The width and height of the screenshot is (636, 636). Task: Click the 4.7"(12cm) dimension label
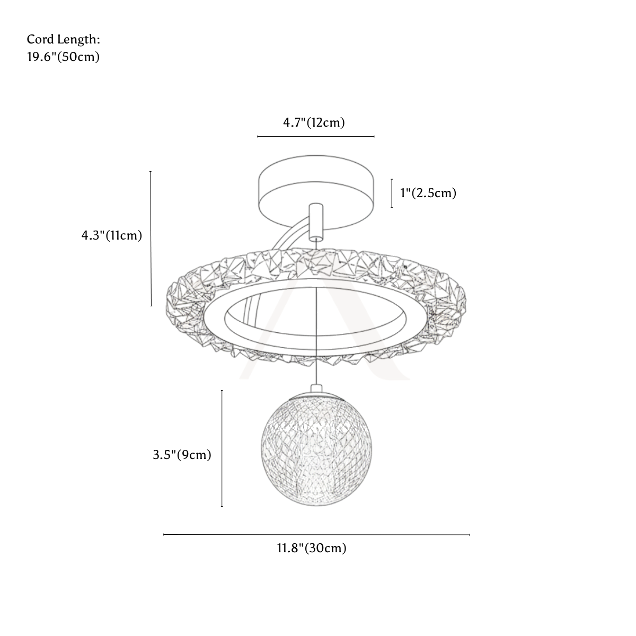314,123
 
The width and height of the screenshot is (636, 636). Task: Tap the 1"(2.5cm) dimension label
428,193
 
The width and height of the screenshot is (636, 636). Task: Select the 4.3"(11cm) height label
111,236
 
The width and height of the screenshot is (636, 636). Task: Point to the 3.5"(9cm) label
182,455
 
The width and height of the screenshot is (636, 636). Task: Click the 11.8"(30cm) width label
312,548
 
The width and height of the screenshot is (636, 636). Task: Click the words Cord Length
63,40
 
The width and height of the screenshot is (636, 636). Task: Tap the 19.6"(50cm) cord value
63,57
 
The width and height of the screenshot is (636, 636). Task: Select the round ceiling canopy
316,193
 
